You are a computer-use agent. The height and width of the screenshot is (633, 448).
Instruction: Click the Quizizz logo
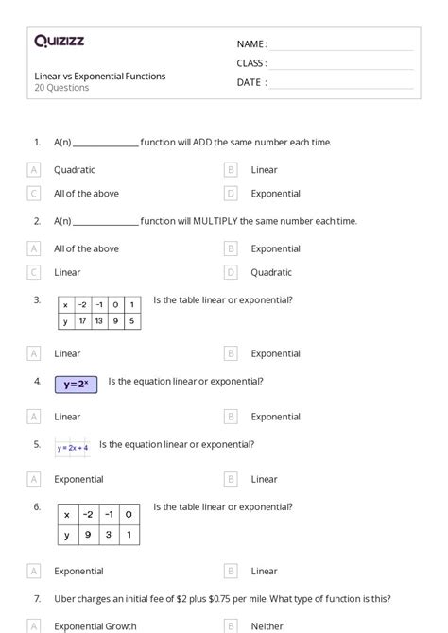coord(59,41)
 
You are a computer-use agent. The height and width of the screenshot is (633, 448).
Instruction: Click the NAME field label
coord(250,44)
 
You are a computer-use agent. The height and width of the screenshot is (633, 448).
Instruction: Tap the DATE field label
coord(250,82)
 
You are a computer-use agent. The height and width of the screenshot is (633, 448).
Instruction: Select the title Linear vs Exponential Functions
coord(99,76)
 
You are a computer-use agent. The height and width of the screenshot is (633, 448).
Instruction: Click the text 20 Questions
coord(61,88)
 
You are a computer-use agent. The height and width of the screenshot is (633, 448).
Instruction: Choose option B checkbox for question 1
coord(231,170)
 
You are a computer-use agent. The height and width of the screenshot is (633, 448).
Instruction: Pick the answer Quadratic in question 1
coord(74,170)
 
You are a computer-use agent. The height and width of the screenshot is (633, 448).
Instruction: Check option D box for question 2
coord(231,272)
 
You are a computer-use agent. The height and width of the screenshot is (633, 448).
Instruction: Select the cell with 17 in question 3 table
coord(83,321)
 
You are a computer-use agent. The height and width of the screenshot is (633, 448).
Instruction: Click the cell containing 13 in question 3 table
coord(99,321)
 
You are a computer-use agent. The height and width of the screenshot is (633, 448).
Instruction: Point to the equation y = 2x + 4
coord(73,448)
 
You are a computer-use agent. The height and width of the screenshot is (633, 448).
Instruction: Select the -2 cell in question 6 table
coord(88,514)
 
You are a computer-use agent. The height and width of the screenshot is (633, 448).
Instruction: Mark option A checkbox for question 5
coord(34,479)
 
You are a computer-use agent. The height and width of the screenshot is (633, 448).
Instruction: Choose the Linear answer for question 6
coord(264,571)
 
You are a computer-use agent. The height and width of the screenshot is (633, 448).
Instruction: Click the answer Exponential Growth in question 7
coord(95,625)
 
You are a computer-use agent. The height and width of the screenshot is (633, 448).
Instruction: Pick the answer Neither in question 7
coord(267,625)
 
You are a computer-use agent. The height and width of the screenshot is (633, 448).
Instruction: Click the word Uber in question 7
coord(64,598)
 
